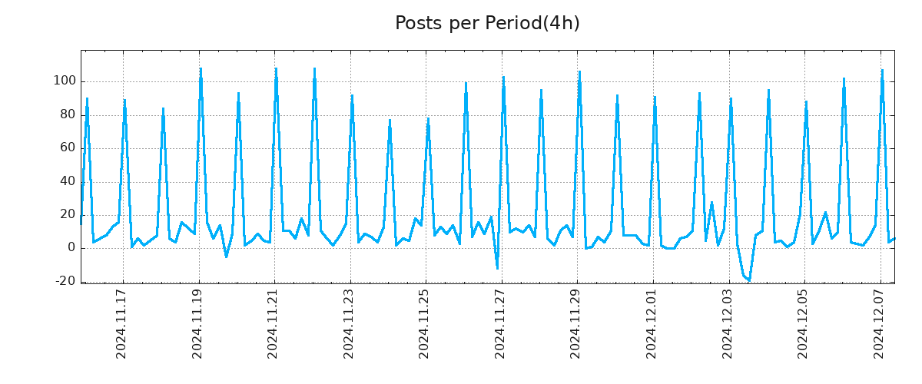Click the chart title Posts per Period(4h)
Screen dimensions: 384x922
[x=487, y=24]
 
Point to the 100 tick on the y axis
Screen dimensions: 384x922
[x=64, y=81]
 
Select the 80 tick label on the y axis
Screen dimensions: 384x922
[x=67, y=114]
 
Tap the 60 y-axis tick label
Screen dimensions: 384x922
[x=67, y=147]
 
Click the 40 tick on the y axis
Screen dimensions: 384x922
[x=67, y=181]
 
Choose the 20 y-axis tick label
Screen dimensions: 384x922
[x=67, y=214]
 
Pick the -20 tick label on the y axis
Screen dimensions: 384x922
[x=65, y=281]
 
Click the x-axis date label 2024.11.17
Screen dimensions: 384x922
[x=121, y=323]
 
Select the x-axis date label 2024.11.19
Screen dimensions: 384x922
[x=197, y=323]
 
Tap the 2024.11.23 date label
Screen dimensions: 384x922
[x=348, y=323]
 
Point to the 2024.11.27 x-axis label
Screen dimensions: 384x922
[x=499, y=323]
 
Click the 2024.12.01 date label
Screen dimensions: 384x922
[x=652, y=323]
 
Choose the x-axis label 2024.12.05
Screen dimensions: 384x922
[x=803, y=323]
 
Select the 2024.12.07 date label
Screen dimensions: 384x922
[x=879, y=323]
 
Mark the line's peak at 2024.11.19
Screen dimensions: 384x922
[x=201, y=68]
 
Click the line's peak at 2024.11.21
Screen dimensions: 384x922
[x=276, y=68]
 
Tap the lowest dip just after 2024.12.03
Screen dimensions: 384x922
[x=749, y=280]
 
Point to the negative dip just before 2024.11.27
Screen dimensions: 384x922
[x=497, y=268]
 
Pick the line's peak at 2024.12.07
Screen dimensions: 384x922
[x=882, y=70]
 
